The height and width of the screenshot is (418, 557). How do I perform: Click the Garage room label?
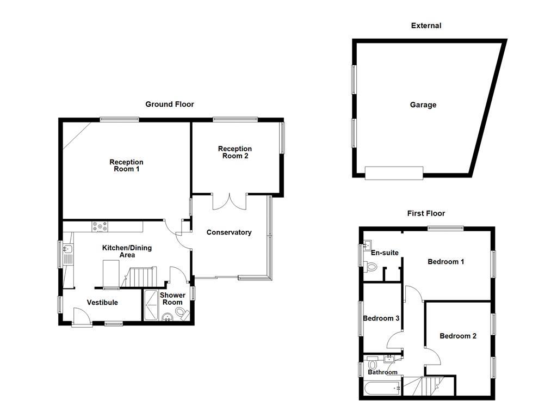[423, 105]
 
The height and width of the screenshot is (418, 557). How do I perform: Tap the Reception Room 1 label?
[126, 165]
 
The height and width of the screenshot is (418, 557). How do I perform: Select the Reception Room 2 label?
[235, 152]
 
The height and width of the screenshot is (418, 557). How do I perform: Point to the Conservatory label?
[229, 232]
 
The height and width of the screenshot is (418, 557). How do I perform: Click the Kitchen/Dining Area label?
[127, 251]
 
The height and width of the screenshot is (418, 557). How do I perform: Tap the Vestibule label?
[102, 303]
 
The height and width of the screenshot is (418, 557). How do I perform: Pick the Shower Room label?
[172, 299]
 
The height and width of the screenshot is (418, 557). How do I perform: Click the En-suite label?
[385, 253]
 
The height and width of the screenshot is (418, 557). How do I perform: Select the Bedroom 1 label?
[445, 262]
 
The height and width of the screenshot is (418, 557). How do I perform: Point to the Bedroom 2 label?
[458, 336]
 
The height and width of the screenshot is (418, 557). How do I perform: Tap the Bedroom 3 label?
[381, 318]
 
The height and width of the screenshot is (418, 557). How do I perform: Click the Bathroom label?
[382, 372]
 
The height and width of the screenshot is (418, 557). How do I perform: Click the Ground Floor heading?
[169, 104]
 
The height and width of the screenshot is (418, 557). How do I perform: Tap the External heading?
[426, 26]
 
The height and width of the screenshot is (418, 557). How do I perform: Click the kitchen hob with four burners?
[101, 226]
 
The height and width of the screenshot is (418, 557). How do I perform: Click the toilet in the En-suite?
[372, 267]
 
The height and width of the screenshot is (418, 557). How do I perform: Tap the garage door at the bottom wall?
[394, 173]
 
